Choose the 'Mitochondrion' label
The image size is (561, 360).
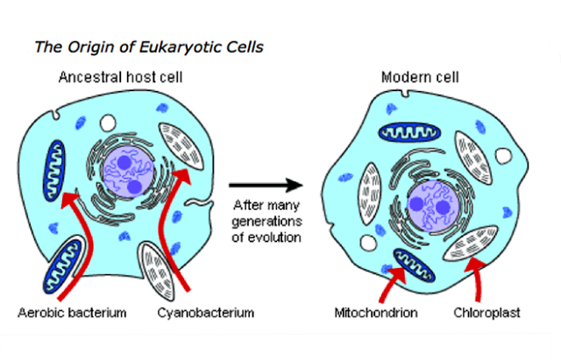(x=374, y=312)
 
